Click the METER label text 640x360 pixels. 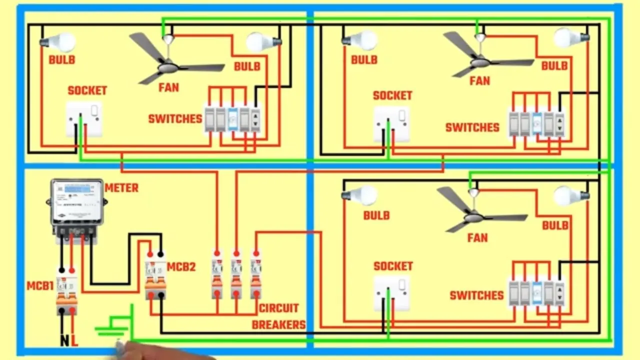(x=121, y=188)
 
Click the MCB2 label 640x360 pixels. (x=181, y=267)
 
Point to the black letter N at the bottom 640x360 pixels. (x=65, y=341)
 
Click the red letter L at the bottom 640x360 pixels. (x=74, y=341)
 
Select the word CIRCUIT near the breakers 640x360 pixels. (x=279, y=308)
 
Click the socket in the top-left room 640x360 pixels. (x=84, y=119)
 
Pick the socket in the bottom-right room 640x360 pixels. (x=391, y=293)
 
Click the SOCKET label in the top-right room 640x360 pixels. (x=392, y=95)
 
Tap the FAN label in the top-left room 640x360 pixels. (x=169, y=87)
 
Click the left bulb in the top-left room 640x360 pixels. (x=58, y=41)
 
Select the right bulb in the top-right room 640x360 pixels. (x=571, y=37)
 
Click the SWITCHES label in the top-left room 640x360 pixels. (x=175, y=119)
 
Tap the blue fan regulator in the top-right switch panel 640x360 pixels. (x=537, y=124)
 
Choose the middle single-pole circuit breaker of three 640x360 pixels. (x=236, y=274)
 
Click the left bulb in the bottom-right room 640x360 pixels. (x=359, y=195)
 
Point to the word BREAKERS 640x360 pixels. (x=279, y=325)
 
